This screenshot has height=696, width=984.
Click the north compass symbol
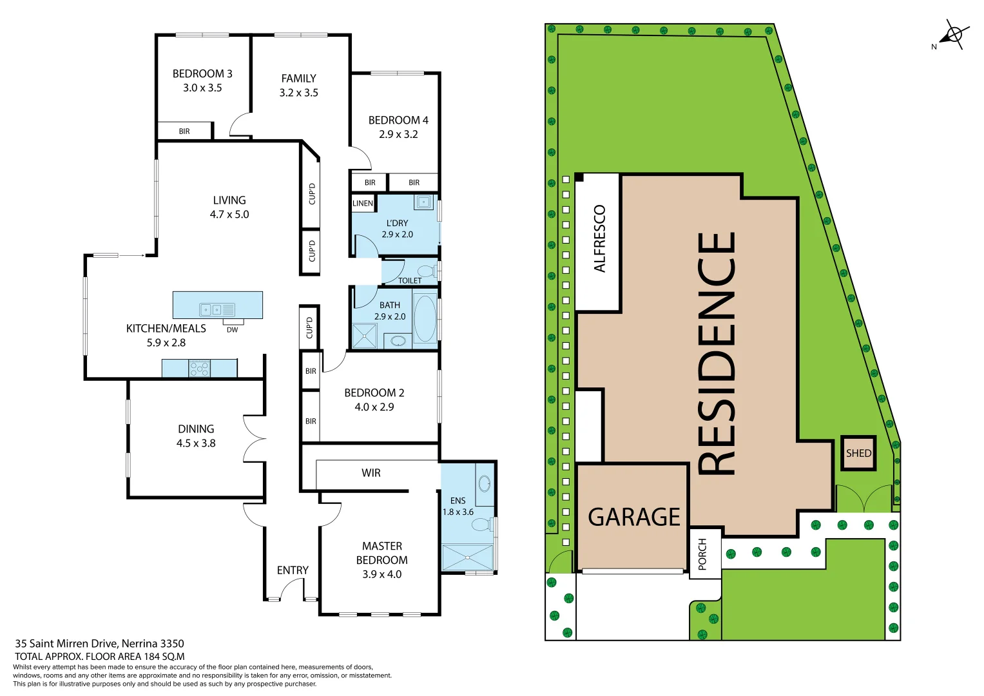pyautogui.click(x=954, y=35)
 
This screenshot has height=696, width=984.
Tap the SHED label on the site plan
pyautogui.click(x=858, y=453)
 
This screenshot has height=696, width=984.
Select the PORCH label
pyautogui.click(x=702, y=554)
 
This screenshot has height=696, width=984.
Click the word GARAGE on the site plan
pyautogui.click(x=633, y=517)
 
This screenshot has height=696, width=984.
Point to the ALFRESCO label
pyautogui.click(x=599, y=238)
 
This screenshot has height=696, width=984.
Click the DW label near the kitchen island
pyautogui.click(x=232, y=330)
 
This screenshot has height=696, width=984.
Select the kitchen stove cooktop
pyautogui.click(x=199, y=369)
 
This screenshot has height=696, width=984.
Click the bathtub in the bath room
pyautogui.click(x=424, y=318)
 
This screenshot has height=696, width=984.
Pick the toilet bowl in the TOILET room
pyautogui.click(x=426, y=271)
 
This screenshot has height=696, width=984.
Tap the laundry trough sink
pyautogui.click(x=423, y=202)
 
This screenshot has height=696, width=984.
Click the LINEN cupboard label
pyautogui.click(x=363, y=203)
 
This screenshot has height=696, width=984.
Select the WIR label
pyautogui.click(x=371, y=473)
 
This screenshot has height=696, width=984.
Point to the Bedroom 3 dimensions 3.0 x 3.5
pyautogui.click(x=202, y=88)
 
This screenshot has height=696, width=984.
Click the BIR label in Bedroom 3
pyautogui.click(x=184, y=131)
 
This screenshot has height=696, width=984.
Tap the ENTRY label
pyautogui.click(x=293, y=570)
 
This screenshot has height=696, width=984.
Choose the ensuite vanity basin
pyautogui.click(x=485, y=483)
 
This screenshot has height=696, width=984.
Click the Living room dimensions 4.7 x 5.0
pyautogui.click(x=229, y=215)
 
